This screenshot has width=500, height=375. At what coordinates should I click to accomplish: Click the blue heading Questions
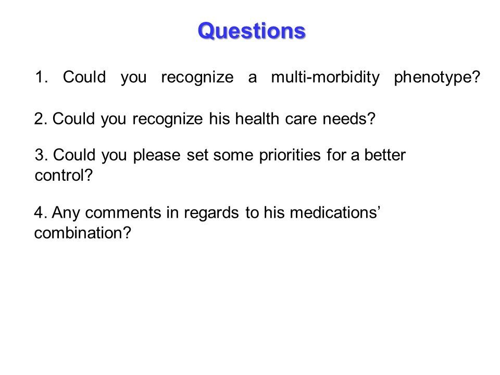(x=252, y=31)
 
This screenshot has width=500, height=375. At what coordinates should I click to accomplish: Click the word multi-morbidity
(x=325, y=77)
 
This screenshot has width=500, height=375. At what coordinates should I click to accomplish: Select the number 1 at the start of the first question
(x=39, y=77)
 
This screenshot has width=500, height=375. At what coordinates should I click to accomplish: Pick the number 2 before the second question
(x=39, y=119)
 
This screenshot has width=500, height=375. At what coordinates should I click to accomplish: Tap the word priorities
(x=290, y=155)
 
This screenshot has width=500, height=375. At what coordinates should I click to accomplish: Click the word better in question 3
(x=385, y=155)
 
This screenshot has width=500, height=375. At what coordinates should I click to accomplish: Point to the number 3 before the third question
(x=39, y=155)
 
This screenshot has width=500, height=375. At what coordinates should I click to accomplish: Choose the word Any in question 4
(x=66, y=213)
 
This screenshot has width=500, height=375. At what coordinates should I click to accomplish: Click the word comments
(x=123, y=213)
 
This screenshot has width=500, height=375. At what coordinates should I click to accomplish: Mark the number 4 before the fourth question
(x=39, y=213)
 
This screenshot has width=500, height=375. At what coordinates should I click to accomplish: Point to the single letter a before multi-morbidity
(x=252, y=78)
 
